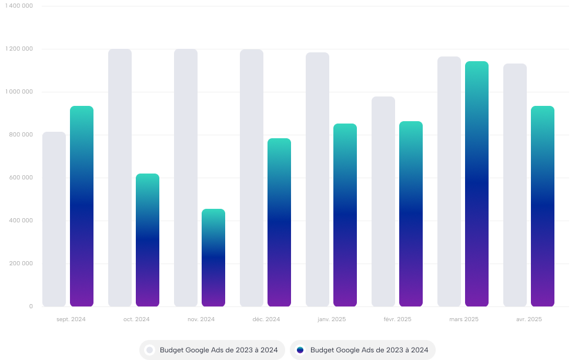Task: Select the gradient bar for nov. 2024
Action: pos(213,258)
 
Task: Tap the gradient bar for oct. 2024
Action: pos(148,240)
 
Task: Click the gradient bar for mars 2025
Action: pos(477,184)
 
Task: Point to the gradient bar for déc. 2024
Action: pos(279,222)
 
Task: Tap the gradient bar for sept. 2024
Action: pos(82,206)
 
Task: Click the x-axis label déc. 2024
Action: pos(266,319)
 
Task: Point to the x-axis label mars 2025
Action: pos(464,319)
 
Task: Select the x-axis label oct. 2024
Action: pos(136,319)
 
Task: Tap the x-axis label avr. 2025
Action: pos(529,319)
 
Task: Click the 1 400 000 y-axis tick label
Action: pos(20,6)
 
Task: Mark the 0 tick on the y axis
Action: pos(31,306)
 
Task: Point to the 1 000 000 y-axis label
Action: pos(20,92)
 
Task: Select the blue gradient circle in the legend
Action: pos(300,350)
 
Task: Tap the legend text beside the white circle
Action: pos(219,350)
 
